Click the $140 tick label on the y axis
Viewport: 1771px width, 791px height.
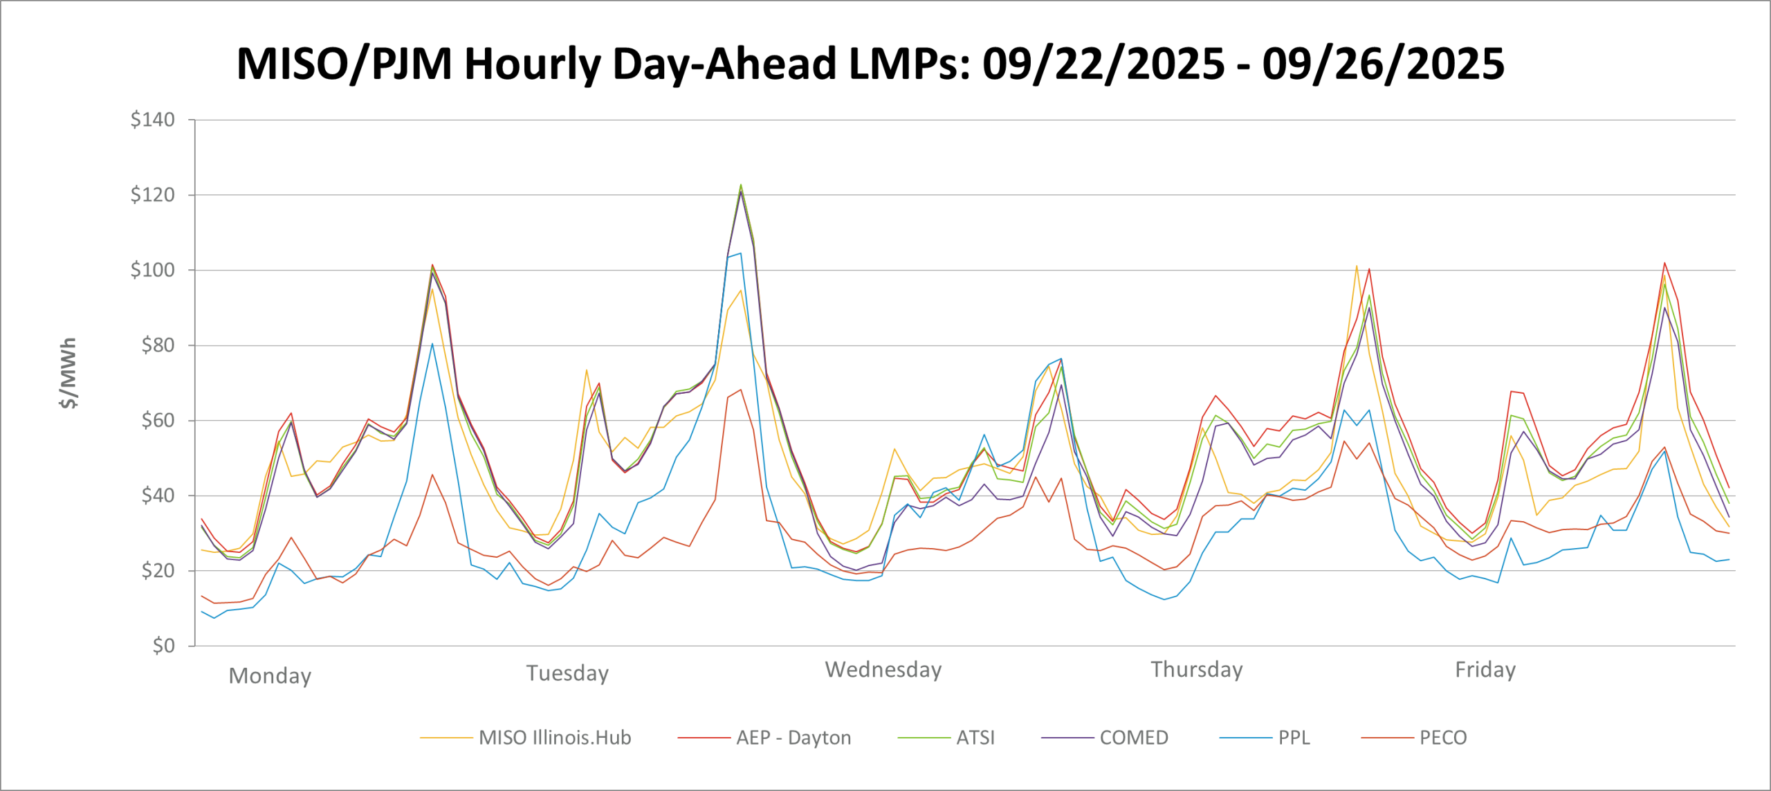pyautogui.click(x=152, y=120)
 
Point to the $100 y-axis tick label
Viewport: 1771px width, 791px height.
pyautogui.click(x=152, y=270)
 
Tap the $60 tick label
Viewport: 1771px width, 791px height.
pyautogui.click(x=158, y=420)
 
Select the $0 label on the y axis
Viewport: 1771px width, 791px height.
pyautogui.click(x=163, y=646)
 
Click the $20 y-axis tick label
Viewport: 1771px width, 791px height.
pyautogui.click(x=158, y=571)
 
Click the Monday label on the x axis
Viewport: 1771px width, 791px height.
pyautogui.click(x=270, y=675)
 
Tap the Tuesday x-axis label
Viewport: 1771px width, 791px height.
pyautogui.click(x=567, y=673)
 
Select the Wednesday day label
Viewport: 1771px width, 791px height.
pyautogui.click(x=883, y=669)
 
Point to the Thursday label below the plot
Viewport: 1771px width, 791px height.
pyautogui.click(x=1197, y=669)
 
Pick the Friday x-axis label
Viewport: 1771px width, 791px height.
pyautogui.click(x=1485, y=669)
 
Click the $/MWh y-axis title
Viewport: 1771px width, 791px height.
pyautogui.click(x=68, y=373)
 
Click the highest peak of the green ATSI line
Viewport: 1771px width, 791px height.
pyautogui.click(x=741, y=185)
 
